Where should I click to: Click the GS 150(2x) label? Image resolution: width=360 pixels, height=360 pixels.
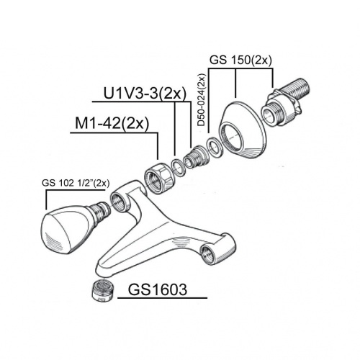click(240, 60)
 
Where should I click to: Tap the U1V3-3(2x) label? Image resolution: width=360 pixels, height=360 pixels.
click(145, 94)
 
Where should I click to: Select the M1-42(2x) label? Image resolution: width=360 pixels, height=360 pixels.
click(112, 124)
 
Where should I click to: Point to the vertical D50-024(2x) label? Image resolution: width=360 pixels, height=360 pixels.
click(202, 100)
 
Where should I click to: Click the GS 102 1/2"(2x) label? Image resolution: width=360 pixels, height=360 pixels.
click(76, 184)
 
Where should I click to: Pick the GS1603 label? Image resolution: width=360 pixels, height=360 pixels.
click(158, 289)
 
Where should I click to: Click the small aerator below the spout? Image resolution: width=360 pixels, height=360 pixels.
click(103, 290)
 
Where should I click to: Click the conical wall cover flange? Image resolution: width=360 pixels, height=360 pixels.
click(243, 130)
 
